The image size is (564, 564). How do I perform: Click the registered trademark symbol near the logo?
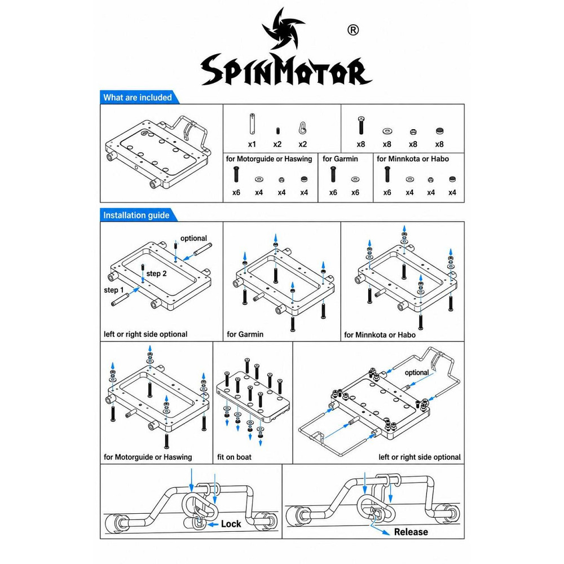[353, 30]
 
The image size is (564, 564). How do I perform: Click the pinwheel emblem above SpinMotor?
[283, 29]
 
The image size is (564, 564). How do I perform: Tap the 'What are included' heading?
[138, 98]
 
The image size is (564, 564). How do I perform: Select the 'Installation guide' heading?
[136, 215]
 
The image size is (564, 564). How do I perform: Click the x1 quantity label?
[252, 144]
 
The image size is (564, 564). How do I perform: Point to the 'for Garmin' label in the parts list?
[340, 158]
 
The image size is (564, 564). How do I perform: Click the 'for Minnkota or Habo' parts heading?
[413, 158]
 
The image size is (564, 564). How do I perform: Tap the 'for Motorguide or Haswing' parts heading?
[269, 158]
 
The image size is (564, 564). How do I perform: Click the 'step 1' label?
[114, 290]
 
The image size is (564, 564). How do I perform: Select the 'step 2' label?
[156, 274]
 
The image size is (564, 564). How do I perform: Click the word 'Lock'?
[231, 524]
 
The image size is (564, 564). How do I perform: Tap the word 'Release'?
[411, 532]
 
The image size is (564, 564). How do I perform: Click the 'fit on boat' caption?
[234, 457]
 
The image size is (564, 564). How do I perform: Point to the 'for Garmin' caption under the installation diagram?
[245, 334]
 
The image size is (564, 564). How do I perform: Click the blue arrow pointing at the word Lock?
[213, 525]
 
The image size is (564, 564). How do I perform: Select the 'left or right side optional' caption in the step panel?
[146, 334]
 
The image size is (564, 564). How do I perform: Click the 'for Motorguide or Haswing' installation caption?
[148, 457]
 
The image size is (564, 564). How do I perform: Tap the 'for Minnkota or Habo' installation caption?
[380, 335]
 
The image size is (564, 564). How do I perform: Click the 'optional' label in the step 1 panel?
[193, 238]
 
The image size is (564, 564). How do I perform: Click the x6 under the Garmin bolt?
[333, 192]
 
